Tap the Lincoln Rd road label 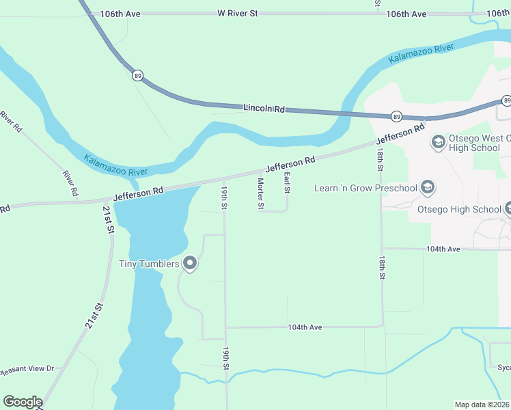tap(264, 108)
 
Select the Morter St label tap(260, 193)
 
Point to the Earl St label tap(287, 182)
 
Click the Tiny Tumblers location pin tap(190, 263)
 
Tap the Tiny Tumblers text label tap(148, 264)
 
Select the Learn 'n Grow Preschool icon tap(428, 187)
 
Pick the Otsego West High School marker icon tap(438, 142)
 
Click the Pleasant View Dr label tap(27, 368)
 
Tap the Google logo tap(23, 402)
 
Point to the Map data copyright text tap(482, 405)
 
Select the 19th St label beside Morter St tap(223, 195)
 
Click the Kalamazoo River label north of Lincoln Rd tap(422, 54)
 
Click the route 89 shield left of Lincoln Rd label tap(138, 77)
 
